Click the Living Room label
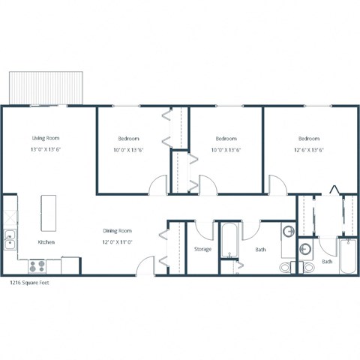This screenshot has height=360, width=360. pos(46,139)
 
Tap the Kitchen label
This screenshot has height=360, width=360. pos(46,242)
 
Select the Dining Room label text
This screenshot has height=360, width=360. pos(118,231)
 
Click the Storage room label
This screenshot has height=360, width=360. pos(202,249)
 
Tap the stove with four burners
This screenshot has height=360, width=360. pos(38,265)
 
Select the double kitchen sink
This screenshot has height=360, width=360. pos(9,241)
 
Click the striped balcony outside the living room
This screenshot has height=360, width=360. pos(45,88)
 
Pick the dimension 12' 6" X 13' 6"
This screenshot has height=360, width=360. pos(308,150)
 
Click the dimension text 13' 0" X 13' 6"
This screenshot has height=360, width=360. pos(46,150)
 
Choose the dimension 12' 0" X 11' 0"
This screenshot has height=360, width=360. pos(118,242)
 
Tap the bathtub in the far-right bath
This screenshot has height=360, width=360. pos(348,256)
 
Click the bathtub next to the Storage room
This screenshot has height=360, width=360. pos(230,241)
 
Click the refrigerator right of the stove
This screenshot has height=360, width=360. pos(70,265)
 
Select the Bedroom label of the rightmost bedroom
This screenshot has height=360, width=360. pos(309,139)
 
